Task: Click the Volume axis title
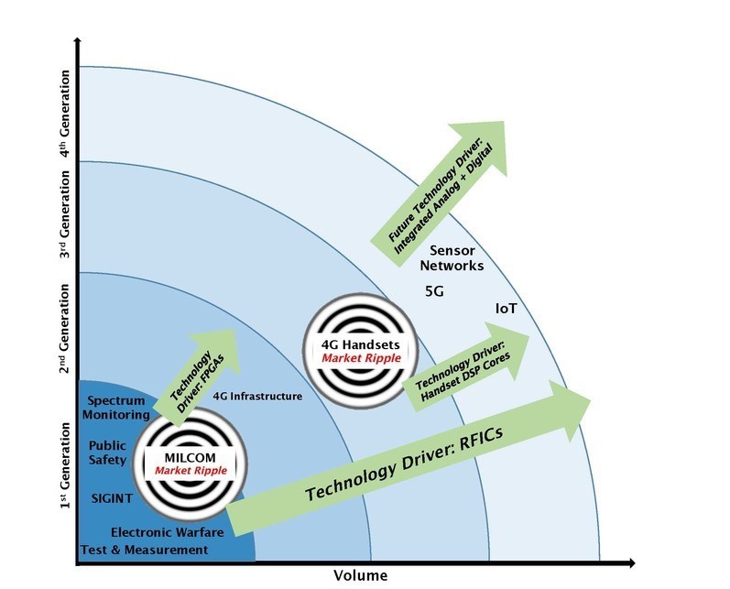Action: tap(360, 575)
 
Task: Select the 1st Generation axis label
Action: tap(65, 465)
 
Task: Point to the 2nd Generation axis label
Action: tap(65, 329)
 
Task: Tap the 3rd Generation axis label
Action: tap(65, 214)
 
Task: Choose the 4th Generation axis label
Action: tap(65, 115)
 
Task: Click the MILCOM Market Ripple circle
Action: tap(191, 464)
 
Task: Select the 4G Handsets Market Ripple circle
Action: tap(361, 351)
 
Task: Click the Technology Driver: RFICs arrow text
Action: tap(404, 464)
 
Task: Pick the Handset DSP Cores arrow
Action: tap(465, 366)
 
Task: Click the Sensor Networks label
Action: tap(452, 258)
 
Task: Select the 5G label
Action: tap(434, 292)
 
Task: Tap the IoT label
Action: tap(507, 309)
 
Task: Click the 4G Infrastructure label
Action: tap(257, 397)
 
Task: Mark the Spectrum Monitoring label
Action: tap(116, 408)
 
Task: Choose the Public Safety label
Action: tap(107, 453)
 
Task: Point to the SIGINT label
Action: tap(112, 498)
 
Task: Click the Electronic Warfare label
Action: tap(167, 532)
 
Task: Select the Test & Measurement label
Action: tap(145, 550)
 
